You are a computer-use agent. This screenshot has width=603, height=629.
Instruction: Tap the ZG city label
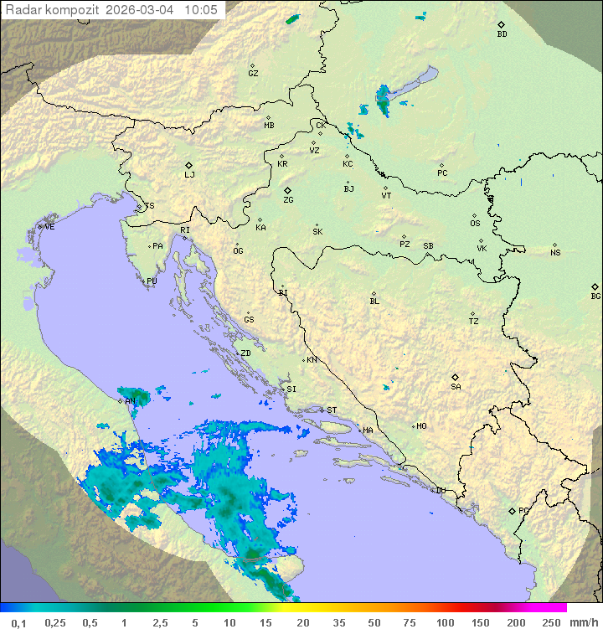coord(288,200)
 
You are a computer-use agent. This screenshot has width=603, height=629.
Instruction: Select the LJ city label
coord(189,175)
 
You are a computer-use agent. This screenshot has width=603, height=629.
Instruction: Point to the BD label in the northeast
coord(502,34)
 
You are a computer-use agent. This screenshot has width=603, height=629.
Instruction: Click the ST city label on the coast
coord(332,410)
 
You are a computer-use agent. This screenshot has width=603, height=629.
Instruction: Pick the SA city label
coord(456,387)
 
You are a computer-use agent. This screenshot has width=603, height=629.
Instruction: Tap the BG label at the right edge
coord(595,296)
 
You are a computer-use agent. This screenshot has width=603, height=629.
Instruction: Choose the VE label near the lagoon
coord(49,227)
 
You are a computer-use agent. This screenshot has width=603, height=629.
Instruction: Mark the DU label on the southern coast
coord(441,491)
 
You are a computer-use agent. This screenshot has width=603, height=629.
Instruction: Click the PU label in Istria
coord(152,281)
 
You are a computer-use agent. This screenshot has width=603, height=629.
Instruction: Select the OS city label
coord(475,224)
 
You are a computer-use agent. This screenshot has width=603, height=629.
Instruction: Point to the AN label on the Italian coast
coord(130,401)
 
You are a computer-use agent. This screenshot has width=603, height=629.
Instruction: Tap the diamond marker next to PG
coord(512,510)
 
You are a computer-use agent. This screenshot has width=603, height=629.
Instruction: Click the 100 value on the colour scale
coord(445,622)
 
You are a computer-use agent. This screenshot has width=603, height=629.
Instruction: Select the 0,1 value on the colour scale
coord(18,622)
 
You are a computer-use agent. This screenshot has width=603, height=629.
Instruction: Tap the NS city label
coord(555,253)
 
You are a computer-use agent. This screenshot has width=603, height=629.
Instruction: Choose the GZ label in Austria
coord(253,73)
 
